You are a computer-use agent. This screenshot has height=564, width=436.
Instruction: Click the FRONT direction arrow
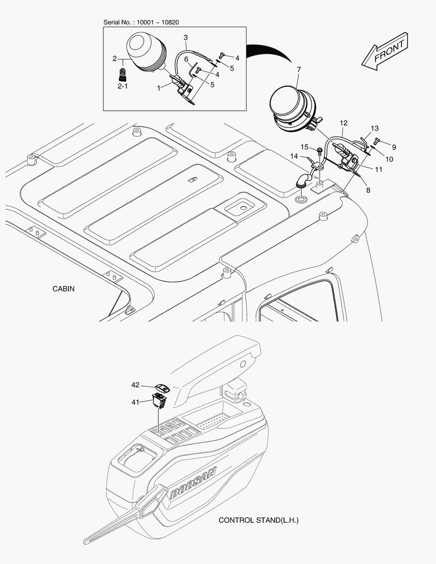tap(384, 51)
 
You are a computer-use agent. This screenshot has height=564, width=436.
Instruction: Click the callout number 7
tap(299, 69)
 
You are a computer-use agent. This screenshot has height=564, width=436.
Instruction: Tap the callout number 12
tap(344, 123)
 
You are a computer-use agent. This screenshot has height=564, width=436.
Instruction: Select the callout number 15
tap(304, 147)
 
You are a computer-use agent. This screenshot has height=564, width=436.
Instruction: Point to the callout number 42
tap(135, 385)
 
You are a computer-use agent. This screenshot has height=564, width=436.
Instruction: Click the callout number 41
tap(135, 402)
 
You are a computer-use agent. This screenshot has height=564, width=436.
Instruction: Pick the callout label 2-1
tap(123, 86)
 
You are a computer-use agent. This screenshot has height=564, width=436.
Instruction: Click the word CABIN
tap(64, 289)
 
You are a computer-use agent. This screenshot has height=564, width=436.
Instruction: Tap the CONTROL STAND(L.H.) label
tap(258, 520)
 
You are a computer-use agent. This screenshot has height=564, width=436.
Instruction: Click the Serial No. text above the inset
tap(141, 22)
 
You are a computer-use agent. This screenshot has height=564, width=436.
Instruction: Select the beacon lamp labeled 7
tap(293, 108)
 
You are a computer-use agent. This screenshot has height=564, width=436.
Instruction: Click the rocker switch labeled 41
tap(159, 401)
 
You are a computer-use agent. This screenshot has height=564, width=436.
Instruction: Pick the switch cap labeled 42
tap(162, 387)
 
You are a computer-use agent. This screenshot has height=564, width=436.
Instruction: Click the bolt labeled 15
tap(319, 151)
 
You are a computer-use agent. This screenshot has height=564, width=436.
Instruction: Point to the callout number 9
tap(394, 147)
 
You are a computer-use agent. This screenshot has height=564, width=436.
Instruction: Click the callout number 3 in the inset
tap(185, 38)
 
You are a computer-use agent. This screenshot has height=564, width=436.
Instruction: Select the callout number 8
tap(368, 190)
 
